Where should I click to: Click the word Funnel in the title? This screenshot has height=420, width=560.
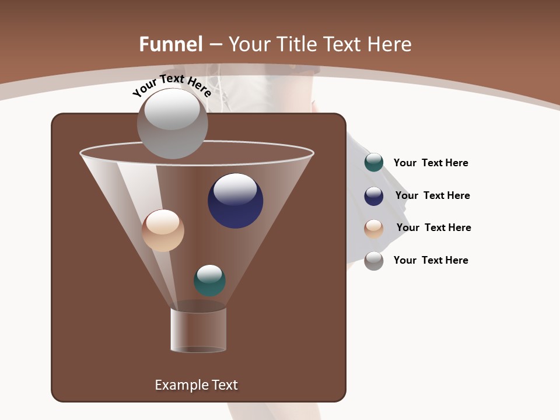pos(171,44)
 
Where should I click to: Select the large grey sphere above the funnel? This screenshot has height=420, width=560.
pos(172,123)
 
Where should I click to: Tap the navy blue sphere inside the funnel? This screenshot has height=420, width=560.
pos(235,201)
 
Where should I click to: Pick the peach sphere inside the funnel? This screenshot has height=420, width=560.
pos(163,230)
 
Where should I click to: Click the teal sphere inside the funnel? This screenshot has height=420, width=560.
pos(209,281)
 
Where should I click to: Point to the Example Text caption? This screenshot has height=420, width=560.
pos(196,385)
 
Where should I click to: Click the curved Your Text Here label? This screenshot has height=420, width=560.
pos(171,85)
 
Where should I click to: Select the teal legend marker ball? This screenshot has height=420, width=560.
pos(374,163)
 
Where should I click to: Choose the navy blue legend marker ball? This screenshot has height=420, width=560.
pos(374,195)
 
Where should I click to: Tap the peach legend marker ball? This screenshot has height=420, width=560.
pos(374,229)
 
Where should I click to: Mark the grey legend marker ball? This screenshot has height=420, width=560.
pos(374,261)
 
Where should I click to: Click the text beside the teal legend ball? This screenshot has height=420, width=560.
pos(430,163)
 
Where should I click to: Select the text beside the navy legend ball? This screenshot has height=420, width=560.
pos(432,195)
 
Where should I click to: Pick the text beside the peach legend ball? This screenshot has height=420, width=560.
pos(433,228)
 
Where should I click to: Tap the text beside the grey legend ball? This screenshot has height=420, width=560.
pos(430,260)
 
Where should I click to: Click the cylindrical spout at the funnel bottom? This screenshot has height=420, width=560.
pos(198,330)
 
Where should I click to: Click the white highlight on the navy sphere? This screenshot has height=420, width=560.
pos(235,188)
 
